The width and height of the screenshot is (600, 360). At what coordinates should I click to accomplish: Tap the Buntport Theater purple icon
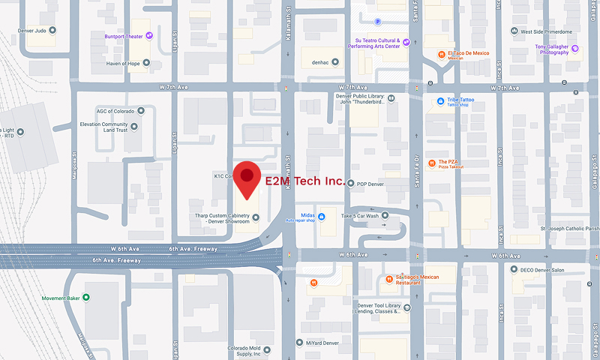(x=150, y=34)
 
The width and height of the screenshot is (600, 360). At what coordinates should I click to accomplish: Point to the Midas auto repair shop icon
(x=322, y=217)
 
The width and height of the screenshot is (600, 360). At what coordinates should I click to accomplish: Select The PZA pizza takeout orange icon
(x=432, y=163)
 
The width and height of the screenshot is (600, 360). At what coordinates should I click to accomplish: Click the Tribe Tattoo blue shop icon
(x=440, y=100)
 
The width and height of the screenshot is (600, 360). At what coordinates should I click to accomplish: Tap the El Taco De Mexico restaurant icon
(x=440, y=54)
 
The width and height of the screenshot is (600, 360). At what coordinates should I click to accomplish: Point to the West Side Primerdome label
(x=550, y=31)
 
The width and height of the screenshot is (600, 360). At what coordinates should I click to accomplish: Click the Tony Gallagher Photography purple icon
(x=575, y=49)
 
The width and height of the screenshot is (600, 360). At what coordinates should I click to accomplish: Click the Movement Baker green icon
(x=86, y=297)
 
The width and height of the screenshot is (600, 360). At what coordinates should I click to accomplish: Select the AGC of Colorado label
(x=115, y=111)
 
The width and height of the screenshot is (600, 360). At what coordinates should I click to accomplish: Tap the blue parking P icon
(x=377, y=22)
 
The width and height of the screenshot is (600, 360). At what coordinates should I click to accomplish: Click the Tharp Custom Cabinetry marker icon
(x=256, y=218)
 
